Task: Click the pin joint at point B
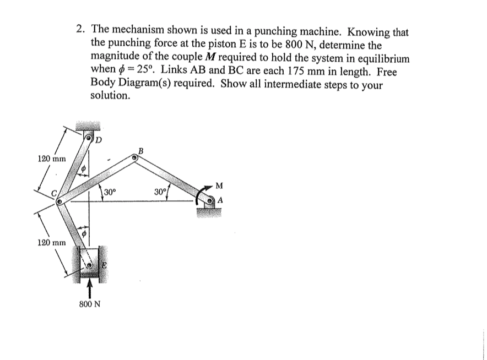click(x=134, y=157)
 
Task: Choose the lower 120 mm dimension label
click(x=51, y=242)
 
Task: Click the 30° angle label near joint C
click(x=110, y=192)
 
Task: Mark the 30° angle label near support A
click(x=160, y=192)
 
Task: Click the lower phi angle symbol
click(x=84, y=234)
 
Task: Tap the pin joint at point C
click(x=59, y=202)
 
